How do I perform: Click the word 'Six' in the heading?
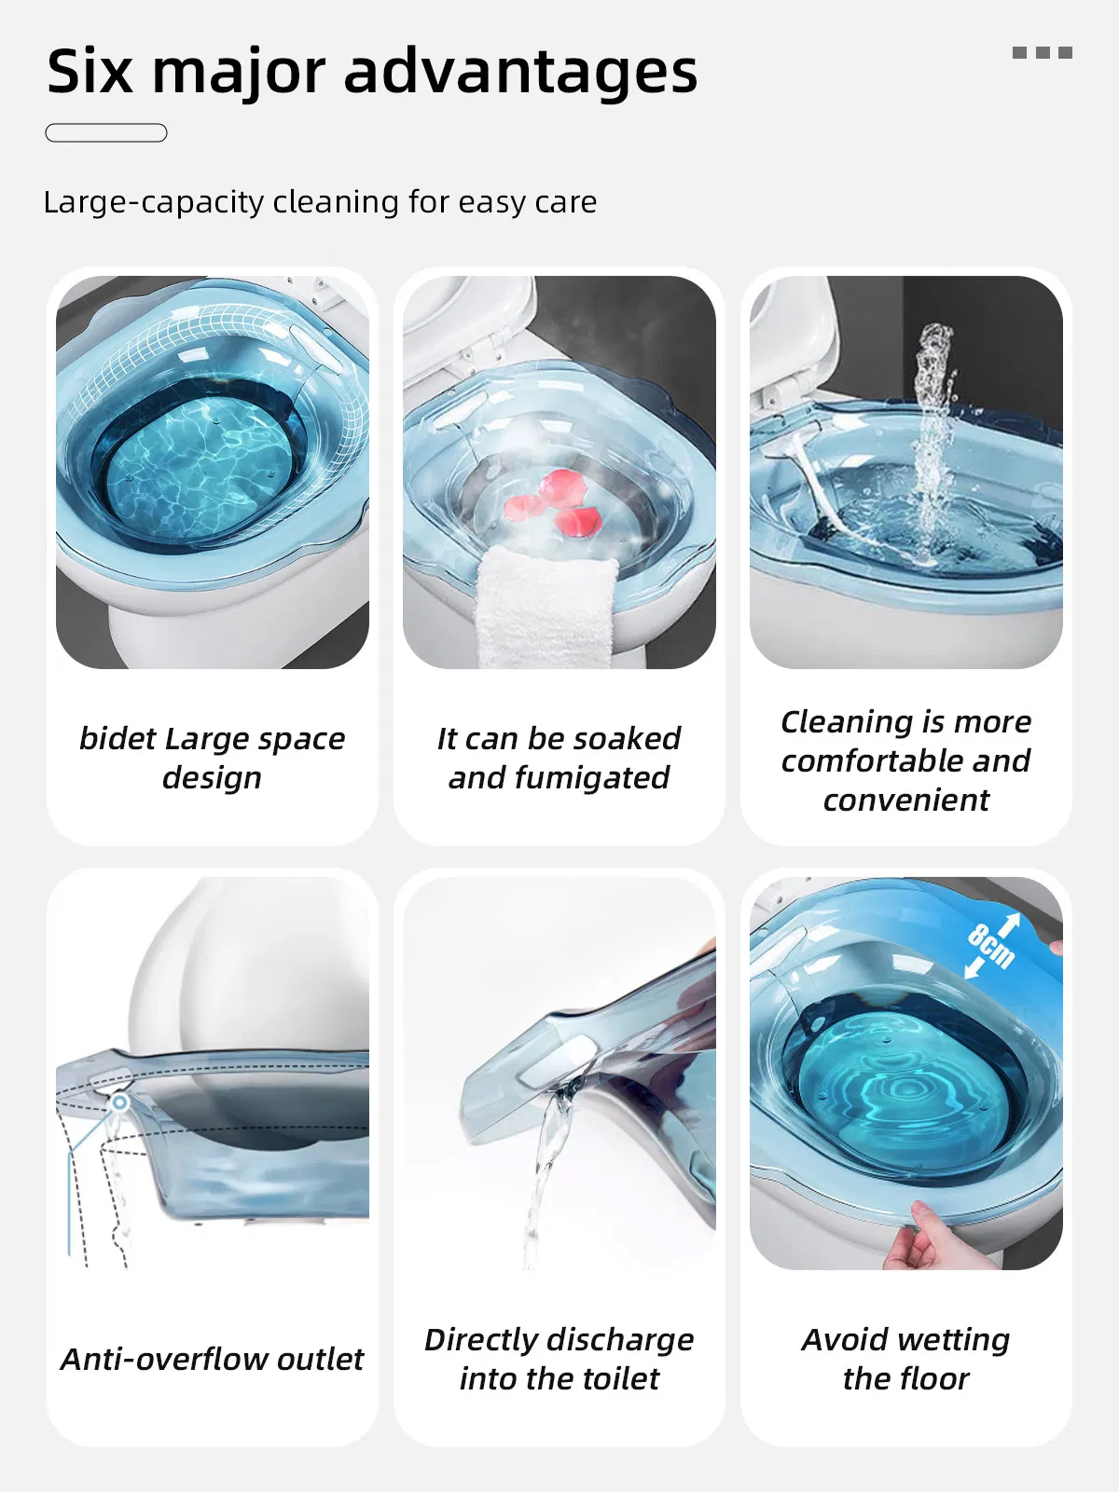[x=90, y=71]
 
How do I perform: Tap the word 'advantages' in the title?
[x=520, y=75]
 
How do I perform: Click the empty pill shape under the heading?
[x=106, y=132]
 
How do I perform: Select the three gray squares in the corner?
[x=1043, y=52]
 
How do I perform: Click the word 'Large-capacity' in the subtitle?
[x=154, y=202]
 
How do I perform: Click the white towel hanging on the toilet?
[x=546, y=607]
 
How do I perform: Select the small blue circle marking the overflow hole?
[x=120, y=1102]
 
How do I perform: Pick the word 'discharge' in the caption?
[x=621, y=1340]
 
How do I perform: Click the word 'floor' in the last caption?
[x=934, y=1378]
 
